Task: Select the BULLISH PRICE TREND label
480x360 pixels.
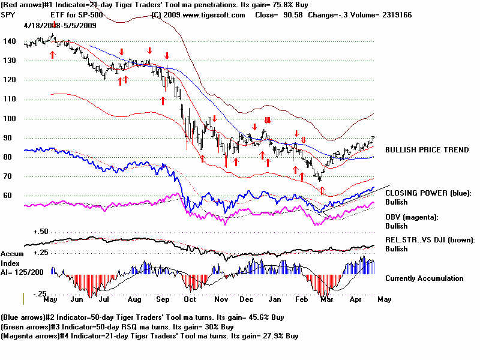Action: tap(427, 150)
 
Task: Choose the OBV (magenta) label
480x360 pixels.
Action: tap(412, 217)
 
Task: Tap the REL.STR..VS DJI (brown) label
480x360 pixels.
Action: tap(430, 240)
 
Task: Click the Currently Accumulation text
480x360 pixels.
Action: tap(424, 278)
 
